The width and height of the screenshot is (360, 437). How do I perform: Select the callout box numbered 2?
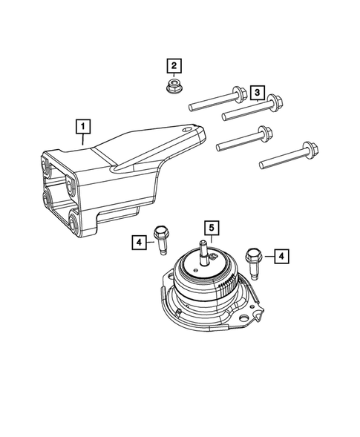(174, 66)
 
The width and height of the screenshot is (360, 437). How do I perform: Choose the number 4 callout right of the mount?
(281, 256)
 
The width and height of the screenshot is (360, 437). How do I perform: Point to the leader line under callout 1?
(84, 139)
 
